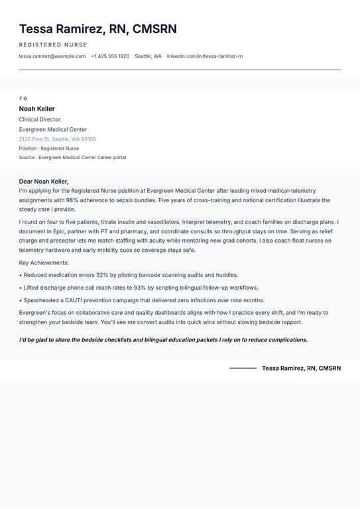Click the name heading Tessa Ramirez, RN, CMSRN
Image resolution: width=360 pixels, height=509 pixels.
click(97, 29)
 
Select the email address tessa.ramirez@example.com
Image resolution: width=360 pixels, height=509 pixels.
click(52, 56)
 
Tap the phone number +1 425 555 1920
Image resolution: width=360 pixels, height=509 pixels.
click(110, 56)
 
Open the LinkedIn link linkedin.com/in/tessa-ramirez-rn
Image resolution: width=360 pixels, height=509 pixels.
click(205, 56)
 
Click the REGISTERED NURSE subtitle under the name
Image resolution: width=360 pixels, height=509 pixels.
click(53, 44)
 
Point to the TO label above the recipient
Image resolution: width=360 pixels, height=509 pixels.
click(23, 98)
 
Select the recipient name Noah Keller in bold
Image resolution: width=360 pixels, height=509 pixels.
click(37, 109)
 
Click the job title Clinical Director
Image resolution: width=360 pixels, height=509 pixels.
click(40, 119)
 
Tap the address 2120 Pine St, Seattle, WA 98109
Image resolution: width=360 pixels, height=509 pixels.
click(58, 139)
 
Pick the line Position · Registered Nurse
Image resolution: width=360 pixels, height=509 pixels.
click(49, 148)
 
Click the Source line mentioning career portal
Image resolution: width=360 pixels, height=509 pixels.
click(72, 158)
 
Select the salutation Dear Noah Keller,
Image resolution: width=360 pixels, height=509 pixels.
click(44, 181)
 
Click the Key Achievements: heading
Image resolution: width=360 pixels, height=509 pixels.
click(44, 262)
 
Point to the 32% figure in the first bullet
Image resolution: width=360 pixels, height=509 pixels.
click(102, 274)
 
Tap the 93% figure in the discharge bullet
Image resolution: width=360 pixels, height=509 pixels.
click(140, 288)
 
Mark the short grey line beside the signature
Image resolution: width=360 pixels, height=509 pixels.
click(243, 368)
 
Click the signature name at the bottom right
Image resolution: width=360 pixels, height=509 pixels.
click(301, 368)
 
